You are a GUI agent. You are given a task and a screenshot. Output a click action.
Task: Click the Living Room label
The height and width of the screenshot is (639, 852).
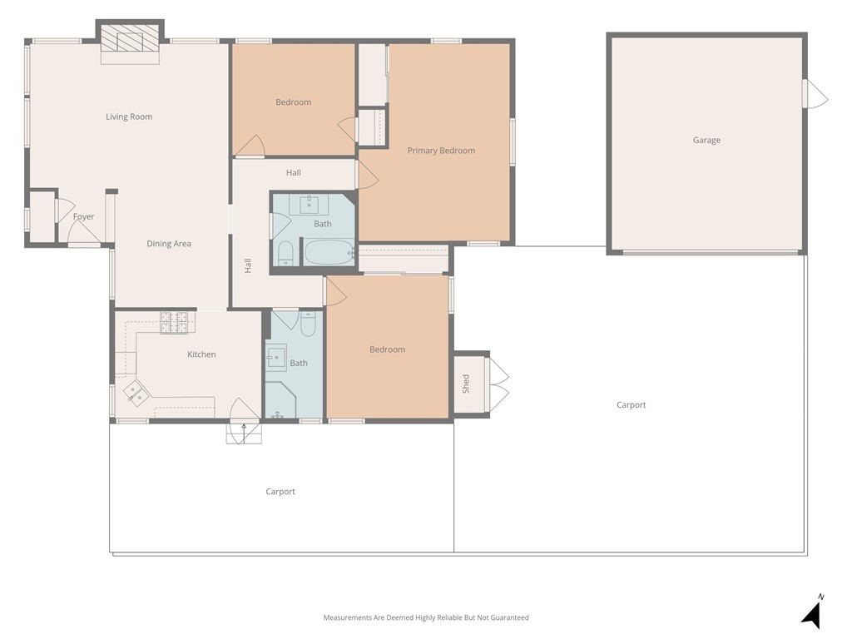pos(129,116)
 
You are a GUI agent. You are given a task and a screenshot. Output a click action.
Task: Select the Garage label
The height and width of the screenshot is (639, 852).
pos(706,140)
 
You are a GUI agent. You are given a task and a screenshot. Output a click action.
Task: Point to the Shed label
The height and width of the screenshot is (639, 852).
pos(466,383)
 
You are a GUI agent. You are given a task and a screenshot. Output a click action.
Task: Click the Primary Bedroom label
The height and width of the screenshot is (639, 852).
pos(441,151)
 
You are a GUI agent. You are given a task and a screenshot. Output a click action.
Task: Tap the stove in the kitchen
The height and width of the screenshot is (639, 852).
pos(175,323)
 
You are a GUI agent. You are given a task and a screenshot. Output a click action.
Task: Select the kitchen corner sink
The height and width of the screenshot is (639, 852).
pos(135,392)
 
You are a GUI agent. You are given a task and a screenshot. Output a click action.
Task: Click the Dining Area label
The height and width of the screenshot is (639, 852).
pos(169,244)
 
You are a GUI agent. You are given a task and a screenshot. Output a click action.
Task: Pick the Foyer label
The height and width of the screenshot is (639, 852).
pos(83,217)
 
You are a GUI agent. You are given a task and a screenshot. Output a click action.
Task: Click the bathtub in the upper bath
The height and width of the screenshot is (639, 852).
pos(328,251)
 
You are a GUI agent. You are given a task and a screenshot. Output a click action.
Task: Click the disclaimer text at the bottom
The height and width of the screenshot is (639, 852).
pos(426,617)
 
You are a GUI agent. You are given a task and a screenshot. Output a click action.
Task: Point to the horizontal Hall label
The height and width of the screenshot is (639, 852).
pos(293,173)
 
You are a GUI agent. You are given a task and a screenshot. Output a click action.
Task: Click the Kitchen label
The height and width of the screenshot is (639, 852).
pos(201,354)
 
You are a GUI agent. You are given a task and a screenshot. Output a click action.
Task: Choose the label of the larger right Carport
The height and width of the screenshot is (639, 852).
pos(631,405)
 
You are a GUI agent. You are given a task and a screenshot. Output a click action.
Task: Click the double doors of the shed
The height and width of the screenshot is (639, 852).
pos(498,384)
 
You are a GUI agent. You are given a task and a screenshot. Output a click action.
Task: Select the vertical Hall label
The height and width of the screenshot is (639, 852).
pos(247,266)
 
